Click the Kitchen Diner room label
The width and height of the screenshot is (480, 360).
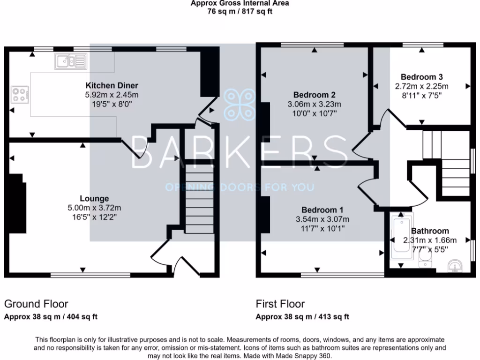[x=112, y=85]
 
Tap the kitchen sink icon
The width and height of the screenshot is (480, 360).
[x=71, y=61]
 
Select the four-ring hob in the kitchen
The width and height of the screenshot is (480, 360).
[x=20, y=95]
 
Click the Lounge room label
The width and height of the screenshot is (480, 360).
[x=94, y=198]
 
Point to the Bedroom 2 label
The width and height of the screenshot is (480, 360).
[x=315, y=95]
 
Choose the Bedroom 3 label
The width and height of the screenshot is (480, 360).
[x=421, y=77]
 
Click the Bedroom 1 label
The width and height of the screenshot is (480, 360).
[x=322, y=210]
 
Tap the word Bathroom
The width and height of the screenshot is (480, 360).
[x=430, y=231]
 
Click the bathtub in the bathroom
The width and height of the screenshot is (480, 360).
[x=401, y=235]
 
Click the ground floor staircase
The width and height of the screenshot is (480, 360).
[x=200, y=199]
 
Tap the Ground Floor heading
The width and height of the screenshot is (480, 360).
[x=36, y=304]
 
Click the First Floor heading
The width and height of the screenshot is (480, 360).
[x=280, y=304]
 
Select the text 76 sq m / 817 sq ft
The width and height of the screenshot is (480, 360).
[x=240, y=12]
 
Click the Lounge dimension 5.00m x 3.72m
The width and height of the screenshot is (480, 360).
[x=94, y=208]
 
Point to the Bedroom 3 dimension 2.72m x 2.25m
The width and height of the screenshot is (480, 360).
[x=421, y=86]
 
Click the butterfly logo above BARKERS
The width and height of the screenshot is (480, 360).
[x=240, y=104]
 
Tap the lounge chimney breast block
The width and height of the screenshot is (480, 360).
[x=17, y=203]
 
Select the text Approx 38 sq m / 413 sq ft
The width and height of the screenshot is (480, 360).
[x=302, y=317]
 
